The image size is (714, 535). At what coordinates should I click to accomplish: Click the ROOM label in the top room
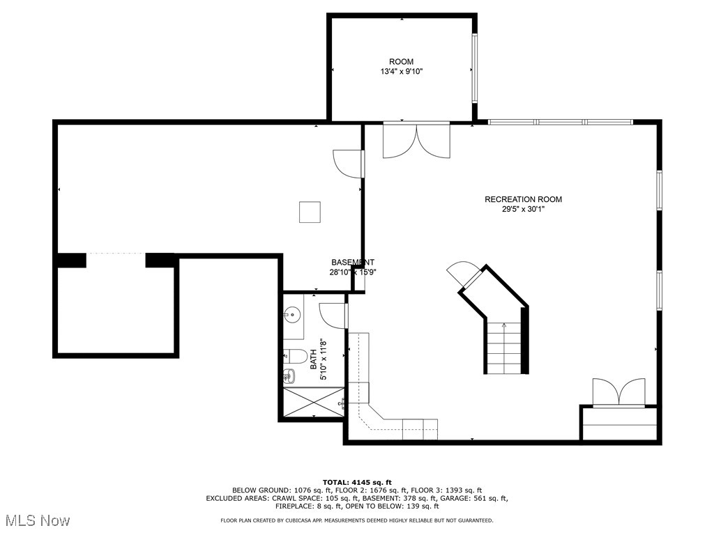[401, 62]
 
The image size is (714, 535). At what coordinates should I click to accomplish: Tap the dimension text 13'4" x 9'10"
[401, 72]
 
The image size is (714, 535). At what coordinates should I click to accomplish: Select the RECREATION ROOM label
[523, 199]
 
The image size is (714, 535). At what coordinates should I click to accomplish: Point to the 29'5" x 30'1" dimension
[523, 209]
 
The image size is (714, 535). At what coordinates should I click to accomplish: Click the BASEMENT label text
[352, 263]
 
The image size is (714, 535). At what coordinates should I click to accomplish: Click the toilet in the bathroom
[296, 357]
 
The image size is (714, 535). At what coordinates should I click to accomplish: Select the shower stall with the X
[313, 402]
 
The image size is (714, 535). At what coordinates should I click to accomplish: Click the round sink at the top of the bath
[293, 315]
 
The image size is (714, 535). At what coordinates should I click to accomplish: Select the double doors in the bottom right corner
[618, 391]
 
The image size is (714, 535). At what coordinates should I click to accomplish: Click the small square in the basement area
[310, 212]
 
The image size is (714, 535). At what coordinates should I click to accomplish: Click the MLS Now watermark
[36, 520]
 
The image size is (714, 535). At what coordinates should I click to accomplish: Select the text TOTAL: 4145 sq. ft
[357, 482]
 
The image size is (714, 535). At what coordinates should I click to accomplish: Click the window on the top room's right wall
[474, 68]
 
